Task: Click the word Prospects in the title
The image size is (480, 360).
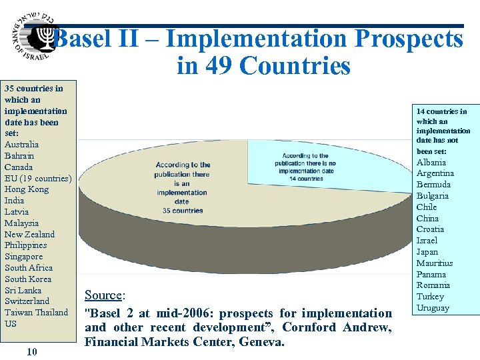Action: (408, 39)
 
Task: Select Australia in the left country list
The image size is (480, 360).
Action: (21, 145)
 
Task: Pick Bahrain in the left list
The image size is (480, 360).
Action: (19, 156)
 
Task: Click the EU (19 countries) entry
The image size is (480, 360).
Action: (37, 178)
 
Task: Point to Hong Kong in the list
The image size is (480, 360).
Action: (27, 189)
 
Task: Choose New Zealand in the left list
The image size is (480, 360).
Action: (29, 234)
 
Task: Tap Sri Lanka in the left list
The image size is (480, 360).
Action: (23, 290)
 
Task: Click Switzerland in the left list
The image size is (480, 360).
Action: (27, 301)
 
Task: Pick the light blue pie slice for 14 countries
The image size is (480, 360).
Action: (320, 163)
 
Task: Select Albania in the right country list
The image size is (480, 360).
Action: (432, 162)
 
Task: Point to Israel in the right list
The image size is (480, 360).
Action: (427, 240)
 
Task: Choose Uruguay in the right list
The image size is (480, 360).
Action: (433, 308)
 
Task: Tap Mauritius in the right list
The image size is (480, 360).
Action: (435, 263)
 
